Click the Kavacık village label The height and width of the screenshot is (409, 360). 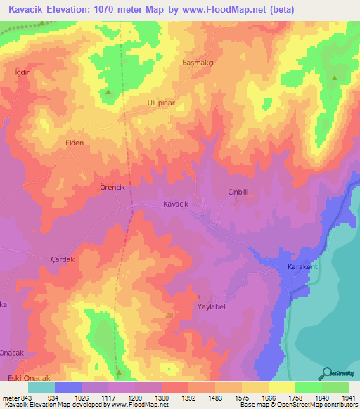(x=176, y=203)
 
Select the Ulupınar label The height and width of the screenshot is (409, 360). (x=141, y=103)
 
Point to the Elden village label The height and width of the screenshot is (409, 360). (x=75, y=143)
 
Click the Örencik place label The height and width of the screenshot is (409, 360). (x=112, y=188)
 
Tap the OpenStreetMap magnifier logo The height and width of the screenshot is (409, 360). (x=327, y=373)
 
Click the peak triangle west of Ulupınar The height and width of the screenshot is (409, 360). (x=108, y=93)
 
